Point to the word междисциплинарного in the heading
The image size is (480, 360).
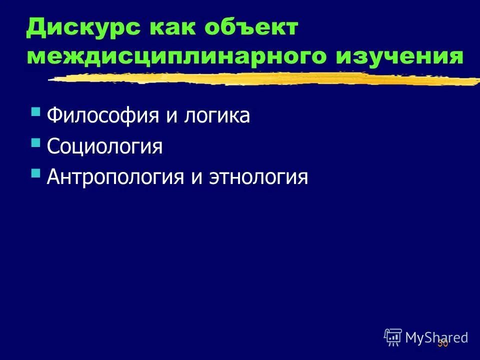[x=170, y=56]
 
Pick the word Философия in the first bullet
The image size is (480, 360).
[x=100, y=116]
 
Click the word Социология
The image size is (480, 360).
[x=104, y=147]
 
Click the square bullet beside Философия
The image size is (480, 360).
[x=35, y=112]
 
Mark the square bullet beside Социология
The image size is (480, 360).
[x=35, y=143]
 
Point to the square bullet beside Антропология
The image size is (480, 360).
[x=35, y=173]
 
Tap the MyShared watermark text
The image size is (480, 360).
[x=436, y=337]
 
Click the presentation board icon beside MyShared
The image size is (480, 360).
[x=393, y=337]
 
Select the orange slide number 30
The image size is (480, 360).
[x=442, y=344]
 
